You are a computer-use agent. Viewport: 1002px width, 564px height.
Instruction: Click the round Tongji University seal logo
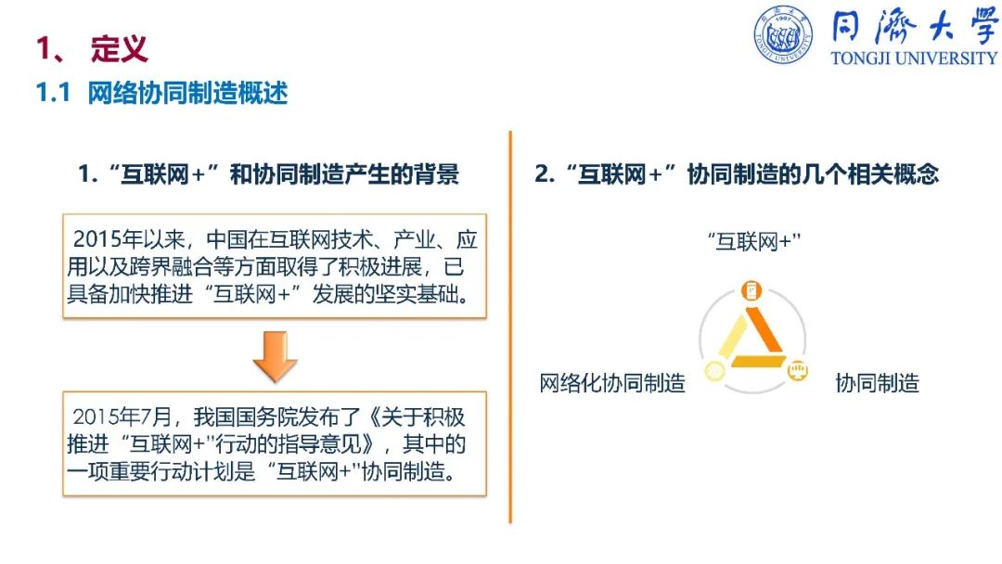click(x=783, y=34)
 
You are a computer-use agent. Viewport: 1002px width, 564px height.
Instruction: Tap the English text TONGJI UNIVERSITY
click(x=914, y=58)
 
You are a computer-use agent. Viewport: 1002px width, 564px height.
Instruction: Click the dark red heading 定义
click(x=120, y=48)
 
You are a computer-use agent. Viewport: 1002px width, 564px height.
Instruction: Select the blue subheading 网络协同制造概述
click(x=187, y=94)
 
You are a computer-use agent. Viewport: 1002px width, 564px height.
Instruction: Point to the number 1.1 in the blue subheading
click(x=53, y=94)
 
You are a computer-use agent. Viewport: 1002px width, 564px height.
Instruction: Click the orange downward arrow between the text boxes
click(x=276, y=356)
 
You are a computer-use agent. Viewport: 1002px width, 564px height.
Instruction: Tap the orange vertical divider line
click(x=510, y=327)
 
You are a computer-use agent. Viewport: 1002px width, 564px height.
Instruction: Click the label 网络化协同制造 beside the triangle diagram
click(x=612, y=383)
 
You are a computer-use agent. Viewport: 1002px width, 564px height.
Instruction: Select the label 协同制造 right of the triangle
click(x=878, y=383)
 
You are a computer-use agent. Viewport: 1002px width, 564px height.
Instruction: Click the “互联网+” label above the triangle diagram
click(x=754, y=242)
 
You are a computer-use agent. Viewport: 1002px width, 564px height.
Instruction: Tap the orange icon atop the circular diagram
click(x=751, y=290)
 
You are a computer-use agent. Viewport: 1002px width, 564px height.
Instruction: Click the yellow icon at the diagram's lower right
click(x=798, y=370)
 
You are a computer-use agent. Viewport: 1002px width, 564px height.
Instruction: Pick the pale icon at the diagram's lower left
click(x=714, y=371)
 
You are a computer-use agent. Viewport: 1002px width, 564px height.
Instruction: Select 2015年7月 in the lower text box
click(x=122, y=417)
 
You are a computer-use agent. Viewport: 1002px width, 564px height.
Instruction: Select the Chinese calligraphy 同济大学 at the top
click(x=914, y=27)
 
